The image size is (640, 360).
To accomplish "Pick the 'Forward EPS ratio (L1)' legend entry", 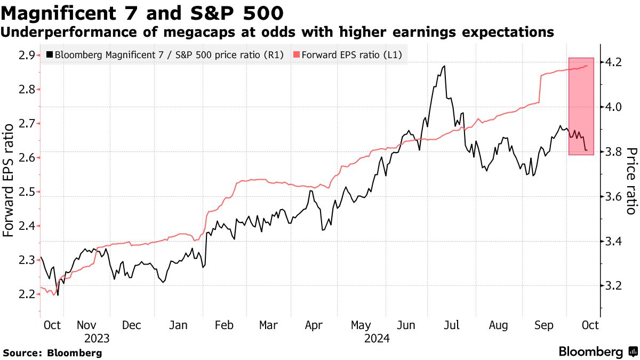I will pos(348,54).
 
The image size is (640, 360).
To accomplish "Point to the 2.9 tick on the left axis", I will pos(27,55).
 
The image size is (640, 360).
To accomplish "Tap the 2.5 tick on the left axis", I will pos(27,191).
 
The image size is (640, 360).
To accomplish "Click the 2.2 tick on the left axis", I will pos(27,294).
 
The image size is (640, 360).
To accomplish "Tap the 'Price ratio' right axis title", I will pos(631,181).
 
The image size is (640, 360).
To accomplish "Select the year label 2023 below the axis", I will pos(97,338).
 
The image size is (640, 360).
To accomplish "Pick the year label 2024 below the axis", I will pos(377,338).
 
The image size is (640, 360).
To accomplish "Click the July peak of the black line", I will pos(444,66).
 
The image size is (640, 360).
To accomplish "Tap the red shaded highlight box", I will pos(581,106).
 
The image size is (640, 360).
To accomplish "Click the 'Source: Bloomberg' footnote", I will pos(53,353).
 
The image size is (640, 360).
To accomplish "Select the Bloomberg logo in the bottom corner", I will pos(597,352).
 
